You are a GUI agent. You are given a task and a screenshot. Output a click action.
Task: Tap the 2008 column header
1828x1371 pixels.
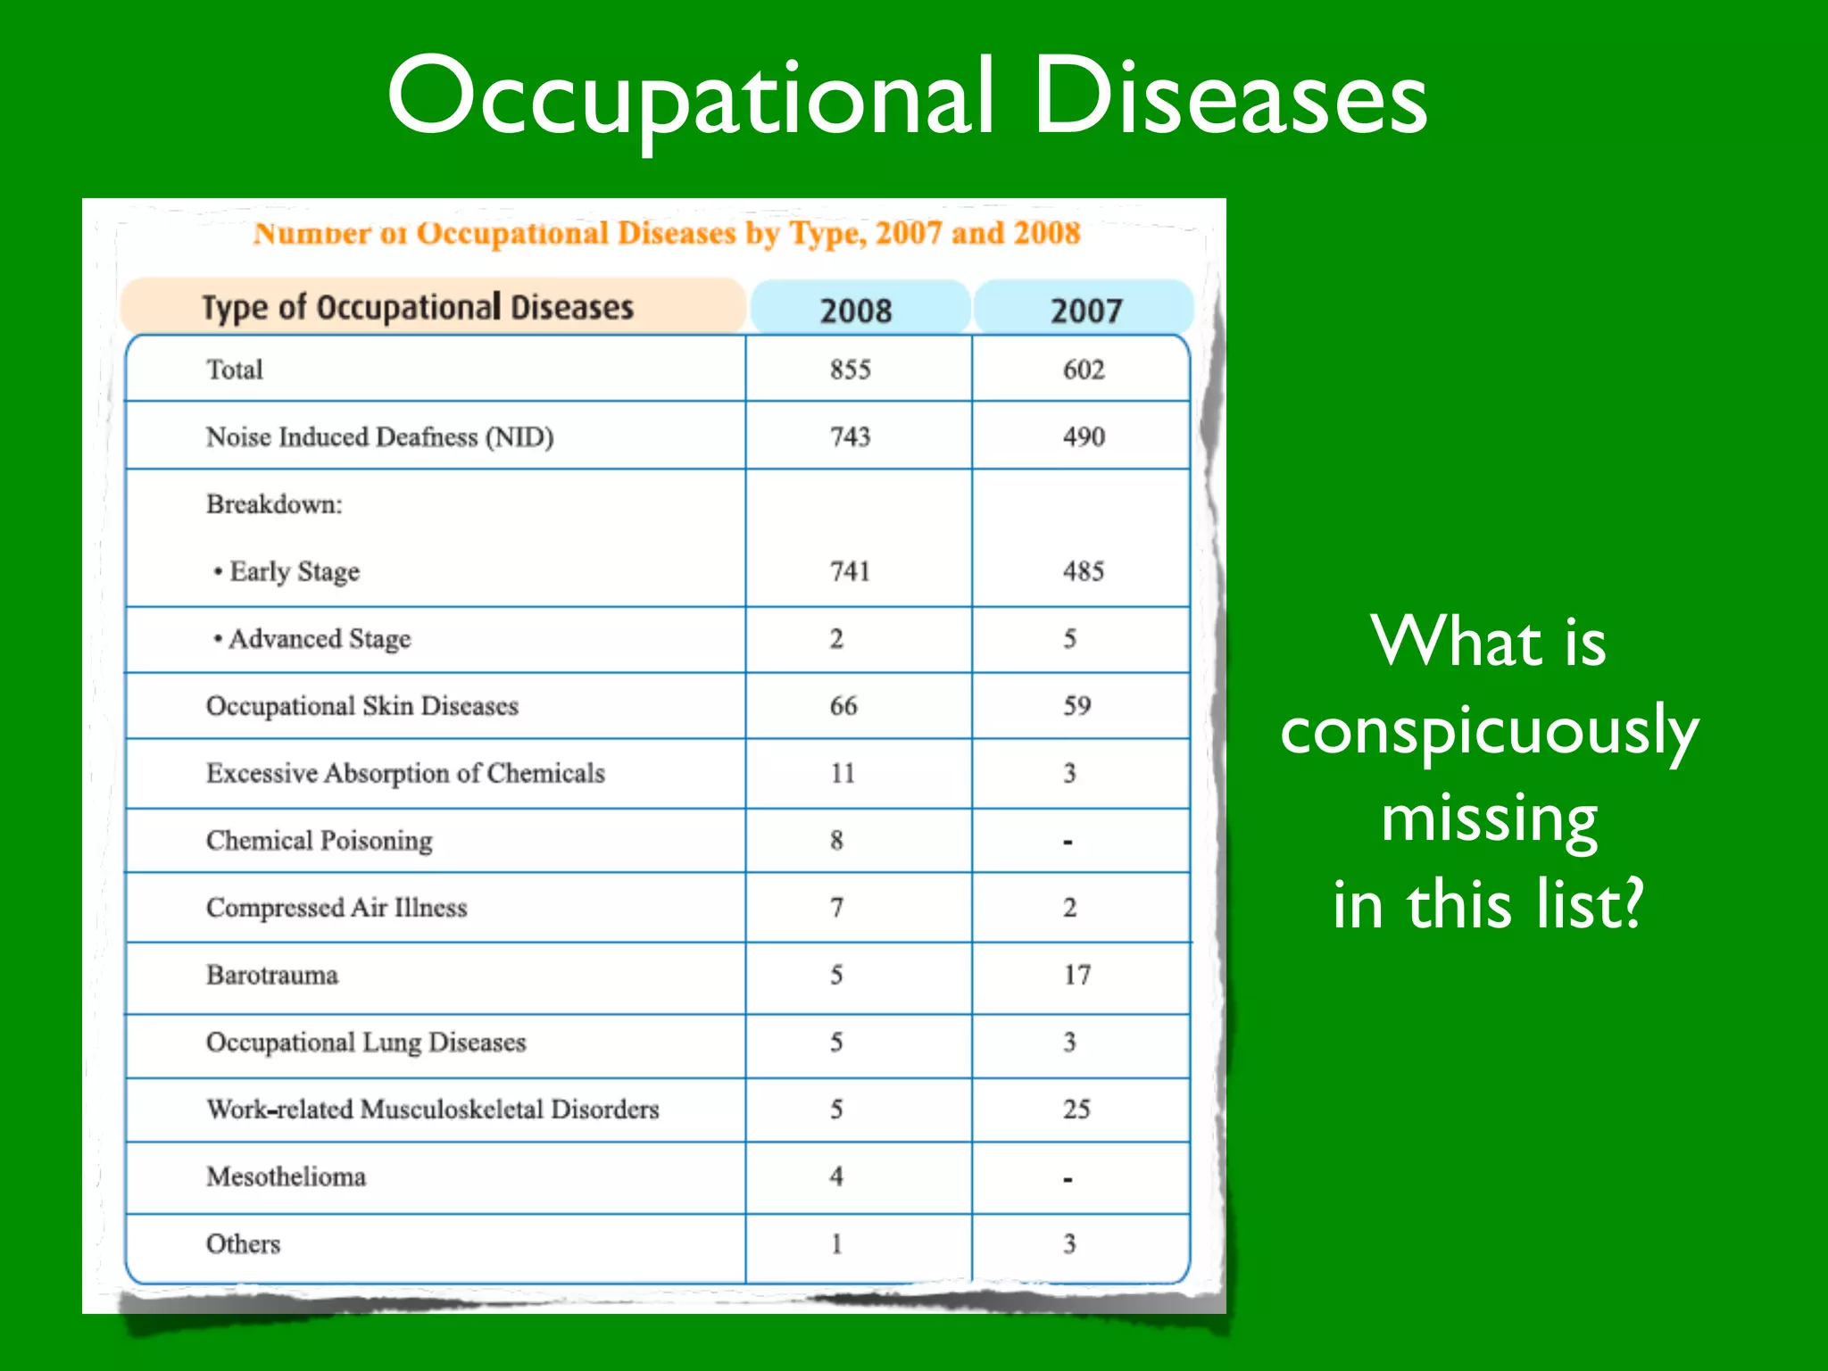[855, 311]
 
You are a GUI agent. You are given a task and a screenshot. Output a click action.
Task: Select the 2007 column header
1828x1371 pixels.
[1085, 311]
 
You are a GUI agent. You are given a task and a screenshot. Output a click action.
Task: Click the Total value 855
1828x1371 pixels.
[850, 370]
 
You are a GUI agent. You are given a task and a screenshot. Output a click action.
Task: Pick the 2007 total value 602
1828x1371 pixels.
[1084, 370]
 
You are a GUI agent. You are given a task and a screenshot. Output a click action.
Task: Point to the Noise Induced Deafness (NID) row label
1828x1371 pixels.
[379, 436]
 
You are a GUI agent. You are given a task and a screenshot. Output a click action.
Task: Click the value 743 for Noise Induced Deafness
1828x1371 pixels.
[850, 436]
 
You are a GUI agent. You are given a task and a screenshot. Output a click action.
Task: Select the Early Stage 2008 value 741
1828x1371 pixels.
[850, 571]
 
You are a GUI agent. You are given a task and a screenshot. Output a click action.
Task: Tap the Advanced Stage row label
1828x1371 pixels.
[319, 639]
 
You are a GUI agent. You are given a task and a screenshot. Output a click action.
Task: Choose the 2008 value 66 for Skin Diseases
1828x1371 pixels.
[843, 706]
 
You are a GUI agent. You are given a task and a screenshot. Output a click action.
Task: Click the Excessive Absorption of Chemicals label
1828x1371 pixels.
[405, 773]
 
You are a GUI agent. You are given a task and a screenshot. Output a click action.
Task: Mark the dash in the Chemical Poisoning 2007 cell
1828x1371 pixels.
[1068, 842]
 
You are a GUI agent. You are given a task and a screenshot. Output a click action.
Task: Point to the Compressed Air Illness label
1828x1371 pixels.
[337, 908]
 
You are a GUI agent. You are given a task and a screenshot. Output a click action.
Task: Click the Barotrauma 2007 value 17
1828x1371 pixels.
[1076, 975]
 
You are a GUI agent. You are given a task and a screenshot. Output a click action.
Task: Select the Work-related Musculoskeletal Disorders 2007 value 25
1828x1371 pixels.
[1076, 1109]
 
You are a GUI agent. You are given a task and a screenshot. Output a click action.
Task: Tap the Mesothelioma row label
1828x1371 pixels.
[286, 1176]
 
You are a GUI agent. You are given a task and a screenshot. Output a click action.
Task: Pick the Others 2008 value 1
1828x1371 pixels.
[836, 1244]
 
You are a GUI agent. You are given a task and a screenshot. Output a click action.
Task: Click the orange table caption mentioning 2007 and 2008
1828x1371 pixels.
[666, 234]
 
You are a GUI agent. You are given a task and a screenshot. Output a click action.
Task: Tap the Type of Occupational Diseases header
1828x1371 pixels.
[418, 308]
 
